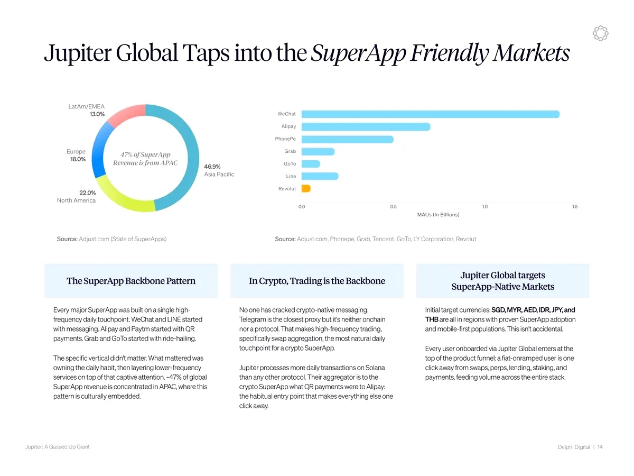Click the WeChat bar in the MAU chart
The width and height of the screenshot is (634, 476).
coord(431,114)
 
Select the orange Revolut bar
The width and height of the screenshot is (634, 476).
coord(306,188)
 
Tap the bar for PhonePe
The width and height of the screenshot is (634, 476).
coord(348,139)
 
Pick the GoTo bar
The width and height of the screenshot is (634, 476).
coord(311,164)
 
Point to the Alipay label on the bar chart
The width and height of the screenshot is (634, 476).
coord(288,126)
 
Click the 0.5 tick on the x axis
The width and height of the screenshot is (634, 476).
coord(393,207)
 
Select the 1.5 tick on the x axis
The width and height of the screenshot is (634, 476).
coord(575,207)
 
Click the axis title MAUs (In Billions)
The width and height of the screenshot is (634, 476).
coord(438,215)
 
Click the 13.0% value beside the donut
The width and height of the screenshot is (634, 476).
coord(97,114)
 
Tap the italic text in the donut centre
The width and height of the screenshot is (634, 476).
coord(145,159)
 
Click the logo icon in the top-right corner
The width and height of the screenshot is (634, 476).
coord(601,33)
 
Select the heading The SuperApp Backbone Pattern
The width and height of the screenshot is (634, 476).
coord(131,281)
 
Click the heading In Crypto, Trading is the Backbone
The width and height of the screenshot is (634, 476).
coord(317,281)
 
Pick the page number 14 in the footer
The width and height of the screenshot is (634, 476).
coord(600,447)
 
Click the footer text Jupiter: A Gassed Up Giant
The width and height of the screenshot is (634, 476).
coord(58,447)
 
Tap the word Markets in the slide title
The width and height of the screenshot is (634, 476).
coord(531,53)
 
